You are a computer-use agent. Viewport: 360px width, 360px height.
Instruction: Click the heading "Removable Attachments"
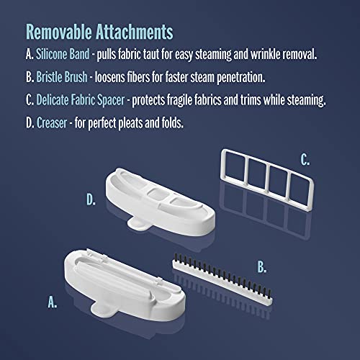99,32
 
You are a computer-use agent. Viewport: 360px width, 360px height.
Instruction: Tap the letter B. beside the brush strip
261,267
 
